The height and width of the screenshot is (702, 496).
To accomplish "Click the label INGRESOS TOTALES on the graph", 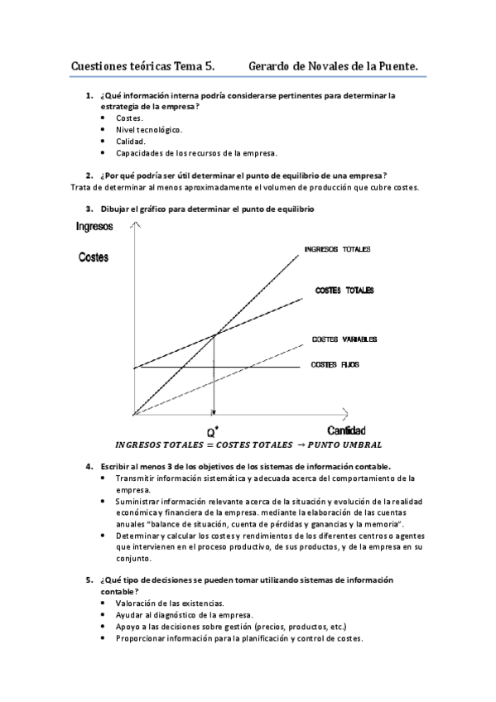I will tap(337, 249).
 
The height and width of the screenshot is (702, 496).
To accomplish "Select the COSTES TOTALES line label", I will tap(344, 291).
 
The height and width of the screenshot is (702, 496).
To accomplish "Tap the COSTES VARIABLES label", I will tap(344, 339).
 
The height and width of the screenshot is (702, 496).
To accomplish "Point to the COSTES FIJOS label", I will tap(335, 364).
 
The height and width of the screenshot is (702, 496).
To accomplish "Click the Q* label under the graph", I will tap(214, 431).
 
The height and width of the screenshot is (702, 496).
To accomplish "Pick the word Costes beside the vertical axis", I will tap(93, 257).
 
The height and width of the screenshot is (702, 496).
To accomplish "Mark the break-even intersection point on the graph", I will tap(215, 334).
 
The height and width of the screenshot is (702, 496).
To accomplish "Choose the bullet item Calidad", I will tap(131, 142).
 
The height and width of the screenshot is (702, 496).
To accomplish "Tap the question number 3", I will tap(89, 209).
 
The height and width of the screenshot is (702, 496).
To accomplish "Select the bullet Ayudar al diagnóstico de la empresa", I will tap(185, 615).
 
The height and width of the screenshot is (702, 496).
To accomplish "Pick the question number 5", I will tap(89, 579).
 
